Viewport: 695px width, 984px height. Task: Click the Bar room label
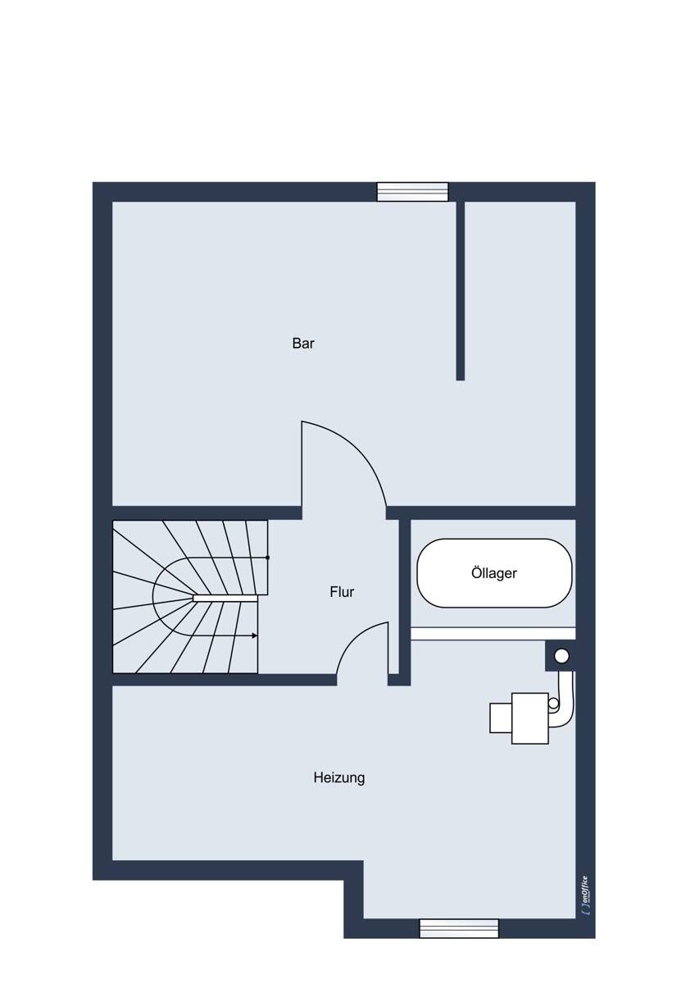tap(303, 343)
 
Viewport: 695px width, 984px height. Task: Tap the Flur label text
tap(342, 592)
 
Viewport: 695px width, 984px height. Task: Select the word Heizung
tap(339, 778)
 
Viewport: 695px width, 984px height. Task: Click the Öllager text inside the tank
tap(494, 573)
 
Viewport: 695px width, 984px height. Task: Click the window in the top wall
tap(412, 192)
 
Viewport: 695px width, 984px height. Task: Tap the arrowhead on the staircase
tap(254, 635)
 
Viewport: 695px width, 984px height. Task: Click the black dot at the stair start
tap(267, 558)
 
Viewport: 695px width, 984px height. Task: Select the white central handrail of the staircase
tap(225, 599)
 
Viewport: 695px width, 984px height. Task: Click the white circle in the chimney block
tap(561, 656)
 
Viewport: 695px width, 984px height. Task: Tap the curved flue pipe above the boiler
tap(566, 699)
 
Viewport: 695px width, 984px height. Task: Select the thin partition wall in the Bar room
tap(460, 290)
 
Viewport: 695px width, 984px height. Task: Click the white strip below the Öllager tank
tap(493, 633)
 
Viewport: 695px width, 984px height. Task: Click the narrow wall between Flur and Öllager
tap(404, 602)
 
